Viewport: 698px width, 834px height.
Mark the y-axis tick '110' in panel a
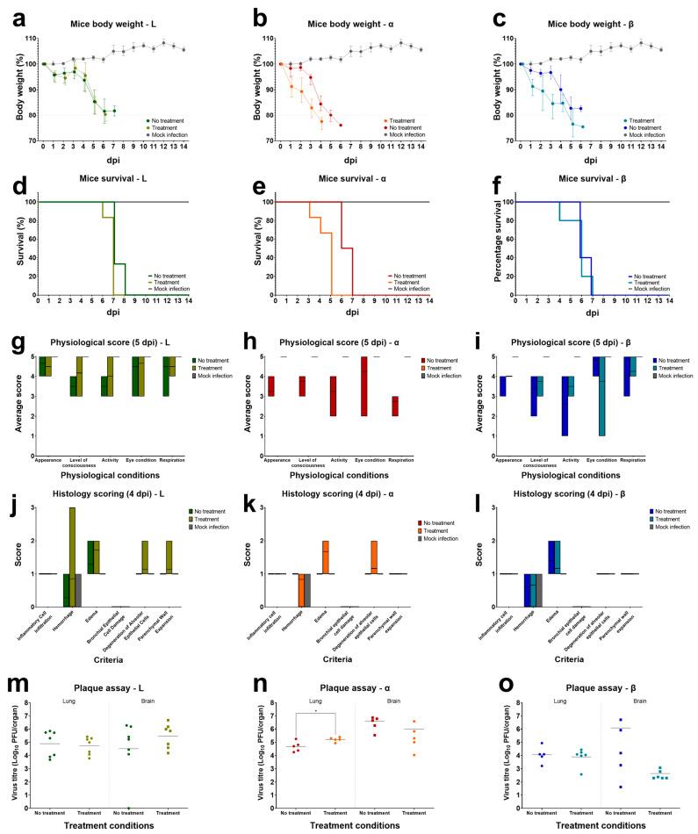tap(30, 40)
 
